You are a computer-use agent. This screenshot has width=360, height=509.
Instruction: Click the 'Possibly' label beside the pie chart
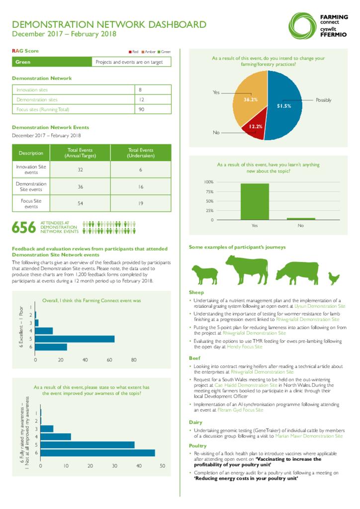click(323, 100)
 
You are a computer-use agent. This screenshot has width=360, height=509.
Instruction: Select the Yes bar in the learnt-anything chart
click(255, 201)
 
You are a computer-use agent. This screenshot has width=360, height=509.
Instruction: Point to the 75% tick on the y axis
click(209, 191)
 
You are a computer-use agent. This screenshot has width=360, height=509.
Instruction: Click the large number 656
click(24, 228)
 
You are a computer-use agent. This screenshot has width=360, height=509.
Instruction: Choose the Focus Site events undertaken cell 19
click(141, 203)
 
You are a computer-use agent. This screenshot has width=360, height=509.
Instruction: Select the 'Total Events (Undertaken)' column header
click(141, 153)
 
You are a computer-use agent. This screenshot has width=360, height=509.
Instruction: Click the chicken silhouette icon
click(333, 277)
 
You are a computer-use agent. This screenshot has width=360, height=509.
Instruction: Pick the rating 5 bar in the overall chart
click(75, 339)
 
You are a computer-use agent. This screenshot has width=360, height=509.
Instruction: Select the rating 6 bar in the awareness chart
click(97, 453)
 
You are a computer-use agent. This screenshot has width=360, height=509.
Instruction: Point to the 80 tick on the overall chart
click(134, 359)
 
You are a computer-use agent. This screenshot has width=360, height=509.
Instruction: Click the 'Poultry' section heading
click(197, 445)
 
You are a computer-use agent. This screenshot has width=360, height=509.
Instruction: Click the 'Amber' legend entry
click(149, 52)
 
